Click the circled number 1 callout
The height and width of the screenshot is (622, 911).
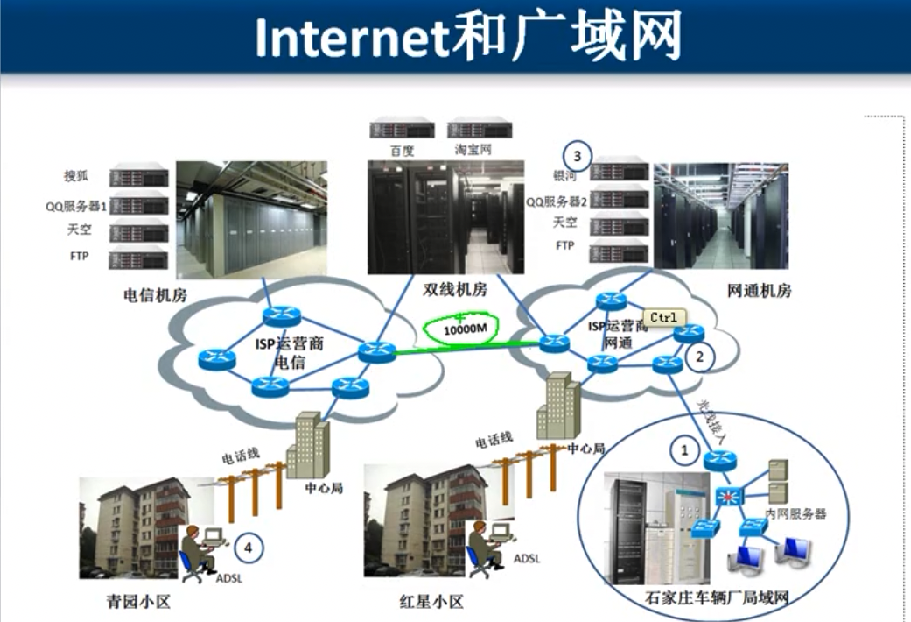pos(685,451)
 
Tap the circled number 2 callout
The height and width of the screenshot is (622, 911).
pos(699,357)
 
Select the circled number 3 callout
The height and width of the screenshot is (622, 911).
pos(577,156)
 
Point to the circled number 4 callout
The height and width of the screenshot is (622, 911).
pos(249,548)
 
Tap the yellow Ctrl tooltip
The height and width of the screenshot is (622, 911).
pos(663,317)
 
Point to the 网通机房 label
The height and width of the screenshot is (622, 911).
pos(759,290)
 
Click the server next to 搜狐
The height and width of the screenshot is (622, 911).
pos(138,175)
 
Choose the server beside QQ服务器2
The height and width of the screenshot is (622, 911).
pos(620,199)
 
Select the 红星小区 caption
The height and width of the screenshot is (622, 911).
pos(428,602)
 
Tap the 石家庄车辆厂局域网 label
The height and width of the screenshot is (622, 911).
pos(717,599)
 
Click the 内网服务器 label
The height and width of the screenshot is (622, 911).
pos(795,513)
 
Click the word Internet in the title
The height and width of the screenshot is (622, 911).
pos(351,39)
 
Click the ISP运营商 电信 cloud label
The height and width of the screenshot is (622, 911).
pos(290,352)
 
